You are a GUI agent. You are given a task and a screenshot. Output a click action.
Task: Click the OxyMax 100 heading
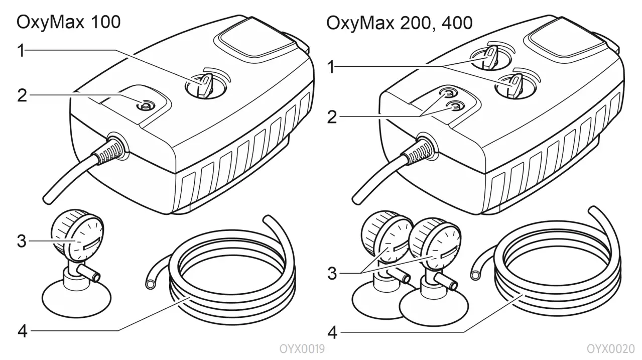click(69, 22)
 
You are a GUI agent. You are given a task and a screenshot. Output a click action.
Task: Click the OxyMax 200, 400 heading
click(399, 23)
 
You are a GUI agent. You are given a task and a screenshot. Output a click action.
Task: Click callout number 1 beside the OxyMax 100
click(22, 51)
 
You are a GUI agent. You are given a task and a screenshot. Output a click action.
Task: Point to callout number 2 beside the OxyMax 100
click(22, 95)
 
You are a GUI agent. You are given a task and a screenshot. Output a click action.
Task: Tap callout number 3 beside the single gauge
click(22, 241)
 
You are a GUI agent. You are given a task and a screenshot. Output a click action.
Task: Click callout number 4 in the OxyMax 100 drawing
click(22, 331)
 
